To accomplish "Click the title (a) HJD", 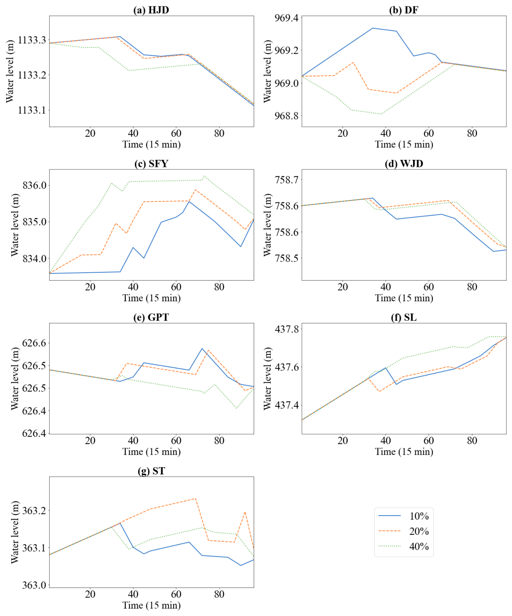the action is [x=151, y=10].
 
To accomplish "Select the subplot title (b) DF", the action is [x=403, y=10].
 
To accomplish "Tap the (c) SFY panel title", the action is [x=151, y=164].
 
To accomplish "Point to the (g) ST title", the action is [x=151, y=471].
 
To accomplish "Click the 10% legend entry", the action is [x=419, y=516].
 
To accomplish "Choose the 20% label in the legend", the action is [x=419, y=531].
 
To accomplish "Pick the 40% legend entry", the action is [x=419, y=547].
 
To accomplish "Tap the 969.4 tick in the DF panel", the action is [x=287, y=18].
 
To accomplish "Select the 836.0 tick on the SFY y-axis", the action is [x=35, y=185].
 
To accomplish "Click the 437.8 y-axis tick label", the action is [x=287, y=329].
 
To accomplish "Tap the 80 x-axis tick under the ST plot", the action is [x=219, y=594].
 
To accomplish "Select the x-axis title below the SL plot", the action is [x=404, y=452].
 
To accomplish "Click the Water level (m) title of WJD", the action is [x=267, y=225].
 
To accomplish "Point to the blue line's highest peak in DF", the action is [x=373, y=28].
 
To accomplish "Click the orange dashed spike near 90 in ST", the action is [x=245, y=512].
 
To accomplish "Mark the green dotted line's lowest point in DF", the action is [x=381, y=114].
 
